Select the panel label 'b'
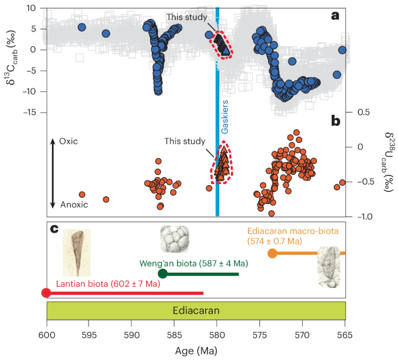coord(336,121)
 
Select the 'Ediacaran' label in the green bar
coord(196,311)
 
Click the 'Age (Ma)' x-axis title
coord(196,349)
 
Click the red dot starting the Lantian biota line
coord(46,293)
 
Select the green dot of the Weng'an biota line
coord(162,274)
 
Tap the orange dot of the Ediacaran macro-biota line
coord(272,253)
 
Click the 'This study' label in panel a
coord(187,17)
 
